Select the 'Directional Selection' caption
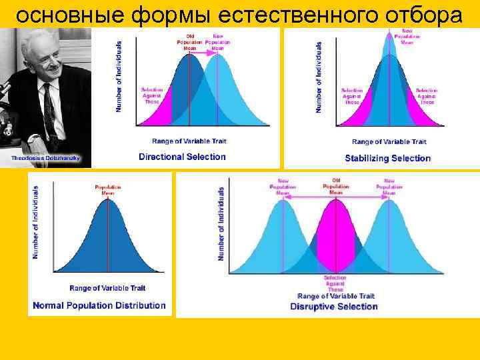point(182,157)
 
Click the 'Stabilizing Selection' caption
point(387,158)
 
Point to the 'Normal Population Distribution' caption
point(98,305)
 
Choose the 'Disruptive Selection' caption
point(334,307)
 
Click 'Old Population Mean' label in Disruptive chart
point(335,186)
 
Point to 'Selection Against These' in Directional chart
point(152,95)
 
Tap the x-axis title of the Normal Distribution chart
point(107,288)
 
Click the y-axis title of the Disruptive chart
point(221,223)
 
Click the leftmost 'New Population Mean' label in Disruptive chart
point(283,187)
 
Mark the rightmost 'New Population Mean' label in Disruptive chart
point(389,187)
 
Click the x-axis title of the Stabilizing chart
point(389,142)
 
